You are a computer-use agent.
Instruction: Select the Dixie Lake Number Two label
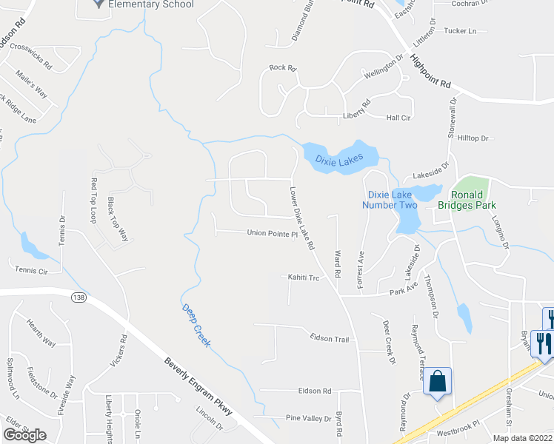tap(390, 199)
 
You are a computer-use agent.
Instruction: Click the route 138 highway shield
tap(78, 297)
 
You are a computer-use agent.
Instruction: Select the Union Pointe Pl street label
tap(272, 233)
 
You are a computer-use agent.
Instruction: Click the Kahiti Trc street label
tap(303, 277)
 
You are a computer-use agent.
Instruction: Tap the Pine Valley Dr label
tap(309, 418)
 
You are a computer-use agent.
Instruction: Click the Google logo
tap(24, 434)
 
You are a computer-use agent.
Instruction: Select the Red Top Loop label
tap(93, 201)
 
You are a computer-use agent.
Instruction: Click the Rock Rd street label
tap(283, 68)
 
